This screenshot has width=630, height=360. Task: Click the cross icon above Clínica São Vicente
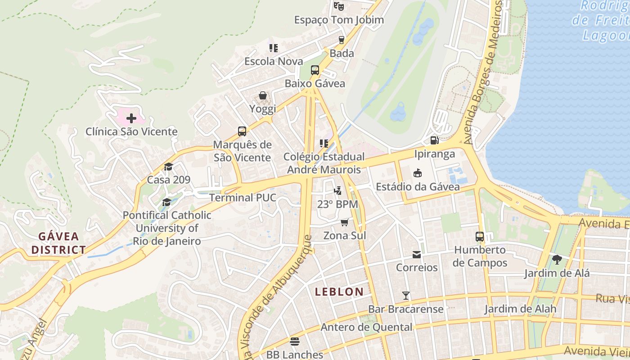[131, 118]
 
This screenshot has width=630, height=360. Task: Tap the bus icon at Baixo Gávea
[315, 70]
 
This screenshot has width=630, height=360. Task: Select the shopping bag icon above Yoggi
[263, 95]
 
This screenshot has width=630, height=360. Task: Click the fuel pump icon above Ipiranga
[434, 140]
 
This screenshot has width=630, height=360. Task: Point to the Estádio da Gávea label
[418, 187]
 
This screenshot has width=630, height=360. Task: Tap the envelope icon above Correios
[417, 255]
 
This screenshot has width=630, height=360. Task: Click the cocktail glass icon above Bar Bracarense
[406, 296]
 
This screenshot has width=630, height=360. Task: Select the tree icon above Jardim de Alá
[557, 260]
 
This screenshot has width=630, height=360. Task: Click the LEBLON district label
[339, 292]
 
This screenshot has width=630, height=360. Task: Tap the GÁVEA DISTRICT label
[58, 243]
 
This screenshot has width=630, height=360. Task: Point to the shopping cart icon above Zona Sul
[345, 222]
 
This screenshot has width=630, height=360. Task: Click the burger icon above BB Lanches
[295, 342]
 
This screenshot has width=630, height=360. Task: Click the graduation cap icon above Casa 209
[168, 167]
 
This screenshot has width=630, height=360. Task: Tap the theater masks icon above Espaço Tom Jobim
[339, 6]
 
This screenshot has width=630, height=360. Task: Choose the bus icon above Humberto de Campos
[480, 237]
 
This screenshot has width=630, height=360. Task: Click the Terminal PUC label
[243, 198]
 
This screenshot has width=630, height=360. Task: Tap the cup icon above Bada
[342, 40]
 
